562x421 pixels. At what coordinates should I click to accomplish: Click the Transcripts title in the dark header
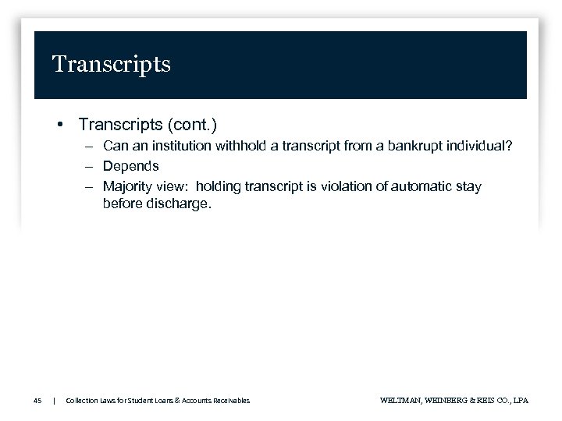(111, 64)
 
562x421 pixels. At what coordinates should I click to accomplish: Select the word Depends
(131, 166)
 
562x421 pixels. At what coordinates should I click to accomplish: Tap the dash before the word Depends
(91, 166)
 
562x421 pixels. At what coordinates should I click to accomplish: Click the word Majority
(129, 186)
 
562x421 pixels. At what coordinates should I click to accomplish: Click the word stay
(468, 186)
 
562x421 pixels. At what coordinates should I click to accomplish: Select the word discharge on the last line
(176, 203)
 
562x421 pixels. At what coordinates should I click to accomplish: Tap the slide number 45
(37, 401)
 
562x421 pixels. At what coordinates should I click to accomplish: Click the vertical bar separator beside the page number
(54, 401)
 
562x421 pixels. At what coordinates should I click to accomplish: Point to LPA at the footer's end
(520, 401)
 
